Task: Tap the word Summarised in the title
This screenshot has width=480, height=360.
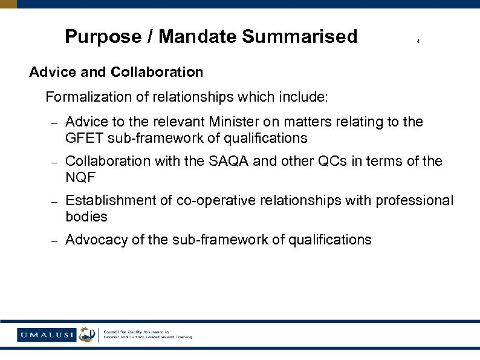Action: point(300,37)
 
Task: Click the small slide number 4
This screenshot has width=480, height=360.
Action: point(418,42)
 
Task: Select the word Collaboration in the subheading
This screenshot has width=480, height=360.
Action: point(157,72)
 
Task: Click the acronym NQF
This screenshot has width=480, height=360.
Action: point(80,177)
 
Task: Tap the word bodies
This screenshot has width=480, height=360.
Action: point(86,217)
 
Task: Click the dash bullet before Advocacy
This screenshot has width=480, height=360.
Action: point(53,241)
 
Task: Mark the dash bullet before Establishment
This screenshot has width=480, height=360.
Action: point(53,201)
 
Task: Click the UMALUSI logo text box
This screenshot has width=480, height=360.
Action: point(47,334)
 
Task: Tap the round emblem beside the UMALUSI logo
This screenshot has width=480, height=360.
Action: point(88,334)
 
